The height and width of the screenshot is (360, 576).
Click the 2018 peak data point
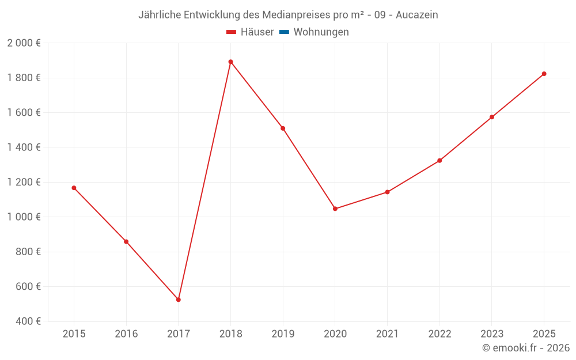pyautogui.click(x=230, y=62)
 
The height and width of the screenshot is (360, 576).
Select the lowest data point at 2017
pyautogui.click(x=179, y=300)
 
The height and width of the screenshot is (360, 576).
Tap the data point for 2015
pyautogui.click(x=74, y=188)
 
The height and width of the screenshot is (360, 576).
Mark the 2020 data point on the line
pyautogui.click(x=335, y=209)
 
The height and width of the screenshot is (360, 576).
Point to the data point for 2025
pyautogui.click(x=544, y=74)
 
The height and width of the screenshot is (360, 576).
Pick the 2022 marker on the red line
pyautogui.click(x=439, y=161)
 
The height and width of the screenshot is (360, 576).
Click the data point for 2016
pyautogui.click(x=126, y=241)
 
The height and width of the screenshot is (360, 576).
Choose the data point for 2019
pyautogui.click(x=283, y=128)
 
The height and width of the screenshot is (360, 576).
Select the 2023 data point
pyautogui.click(x=492, y=117)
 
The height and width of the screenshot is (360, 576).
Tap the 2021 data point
pyautogui.click(x=387, y=192)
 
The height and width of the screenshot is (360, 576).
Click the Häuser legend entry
pyautogui.click(x=250, y=32)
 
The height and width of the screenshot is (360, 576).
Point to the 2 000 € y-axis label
pyautogui.click(x=24, y=43)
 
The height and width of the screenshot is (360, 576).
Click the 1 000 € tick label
pyautogui.click(x=24, y=217)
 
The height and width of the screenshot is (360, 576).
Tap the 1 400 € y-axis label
pyautogui.click(x=24, y=147)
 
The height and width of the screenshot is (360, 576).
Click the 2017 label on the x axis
pyautogui.click(x=179, y=334)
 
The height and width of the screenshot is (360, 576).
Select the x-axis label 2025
pyautogui.click(x=544, y=334)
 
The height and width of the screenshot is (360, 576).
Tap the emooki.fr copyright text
pyautogui.click(x=526, y=348)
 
